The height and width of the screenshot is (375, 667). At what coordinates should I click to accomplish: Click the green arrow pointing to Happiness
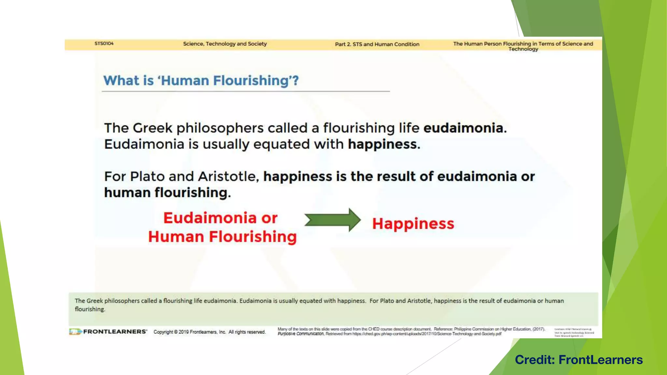(332, 220)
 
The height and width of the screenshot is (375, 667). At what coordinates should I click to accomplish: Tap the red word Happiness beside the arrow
(413, 224)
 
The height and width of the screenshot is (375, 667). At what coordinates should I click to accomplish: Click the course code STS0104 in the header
(104, 43)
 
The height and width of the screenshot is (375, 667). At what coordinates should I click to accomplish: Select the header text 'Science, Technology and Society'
(225, 44)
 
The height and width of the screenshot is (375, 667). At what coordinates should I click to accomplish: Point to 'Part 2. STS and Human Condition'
(377, 44)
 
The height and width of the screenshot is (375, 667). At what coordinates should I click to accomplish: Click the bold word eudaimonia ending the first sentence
(463, 128)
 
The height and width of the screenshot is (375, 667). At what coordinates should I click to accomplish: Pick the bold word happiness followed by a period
(382, 144)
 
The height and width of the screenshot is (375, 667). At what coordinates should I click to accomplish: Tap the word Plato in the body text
(147, 176)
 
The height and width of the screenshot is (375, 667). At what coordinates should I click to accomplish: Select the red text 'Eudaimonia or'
(220, 218)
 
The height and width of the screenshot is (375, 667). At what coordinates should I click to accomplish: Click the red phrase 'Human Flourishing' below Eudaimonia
(222, 237)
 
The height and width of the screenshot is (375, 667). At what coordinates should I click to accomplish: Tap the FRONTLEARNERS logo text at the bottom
(115, 331)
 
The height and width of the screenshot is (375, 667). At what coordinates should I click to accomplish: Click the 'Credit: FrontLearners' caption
(579, 360)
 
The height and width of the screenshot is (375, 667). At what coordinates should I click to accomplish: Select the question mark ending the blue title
(295, 80)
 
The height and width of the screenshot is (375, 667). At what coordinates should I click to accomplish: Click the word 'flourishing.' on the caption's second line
(90, 309)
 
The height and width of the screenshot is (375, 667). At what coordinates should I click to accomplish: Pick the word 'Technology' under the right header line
(523, 49)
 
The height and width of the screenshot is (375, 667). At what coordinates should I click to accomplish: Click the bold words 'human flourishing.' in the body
(167, 193)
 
